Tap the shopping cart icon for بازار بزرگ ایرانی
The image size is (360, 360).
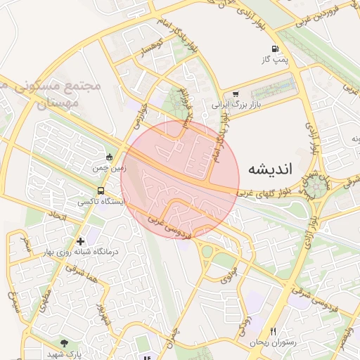coord(235,94)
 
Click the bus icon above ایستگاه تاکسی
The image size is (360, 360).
coord(101,190)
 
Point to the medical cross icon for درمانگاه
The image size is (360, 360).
coord(81,241)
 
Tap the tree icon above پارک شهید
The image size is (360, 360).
coord(65,343)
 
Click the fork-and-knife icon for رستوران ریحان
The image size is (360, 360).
coord(274,332)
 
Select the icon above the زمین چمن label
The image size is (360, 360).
coord(109,157)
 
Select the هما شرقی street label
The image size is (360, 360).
coord(77,271)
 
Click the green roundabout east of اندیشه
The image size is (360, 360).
coord(316,186)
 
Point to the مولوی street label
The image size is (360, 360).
coord(226,274)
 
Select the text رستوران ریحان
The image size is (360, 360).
coord(273,342)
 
